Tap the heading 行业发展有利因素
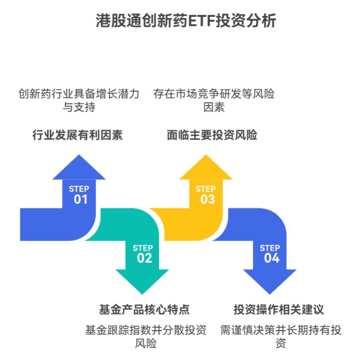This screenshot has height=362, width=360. pos(77,135)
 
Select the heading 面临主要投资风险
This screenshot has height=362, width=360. pos(212,135)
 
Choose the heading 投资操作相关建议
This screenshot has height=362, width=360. pos(279,309)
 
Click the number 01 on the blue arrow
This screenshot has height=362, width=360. pos(80,199)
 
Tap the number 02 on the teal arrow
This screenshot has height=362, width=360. pos(144,258)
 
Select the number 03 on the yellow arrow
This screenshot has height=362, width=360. pos(207,199)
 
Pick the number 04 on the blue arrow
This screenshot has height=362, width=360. pos(271,258)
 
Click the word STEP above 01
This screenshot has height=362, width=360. pos(79,189)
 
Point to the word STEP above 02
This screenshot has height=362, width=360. pos(143,248)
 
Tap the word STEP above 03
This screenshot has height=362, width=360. pos(206,189)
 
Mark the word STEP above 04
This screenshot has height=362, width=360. pos(270,248)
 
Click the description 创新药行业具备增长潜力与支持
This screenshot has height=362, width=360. pos(79,100)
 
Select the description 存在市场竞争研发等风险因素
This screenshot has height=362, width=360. pos(214,100)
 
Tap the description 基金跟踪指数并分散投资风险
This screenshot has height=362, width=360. pos(145,337)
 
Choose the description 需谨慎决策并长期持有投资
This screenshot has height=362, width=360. pos(281,337)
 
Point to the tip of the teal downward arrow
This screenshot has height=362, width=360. pos(142,293)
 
